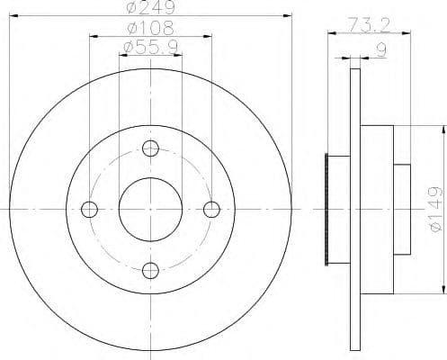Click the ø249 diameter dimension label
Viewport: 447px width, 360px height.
tap(150, 8)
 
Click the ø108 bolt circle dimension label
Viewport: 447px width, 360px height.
tap(151, 29)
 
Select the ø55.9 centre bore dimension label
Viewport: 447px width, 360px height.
tap(150, 46)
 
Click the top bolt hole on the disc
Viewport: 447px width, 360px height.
tap(150, 148)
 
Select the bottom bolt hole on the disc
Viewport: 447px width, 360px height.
tap(150, 269)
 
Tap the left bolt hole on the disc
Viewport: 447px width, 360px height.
tap(89, 209)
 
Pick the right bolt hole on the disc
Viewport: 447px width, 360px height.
tap(212, 209)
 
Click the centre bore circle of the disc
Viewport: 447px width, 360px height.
tap(150, 209)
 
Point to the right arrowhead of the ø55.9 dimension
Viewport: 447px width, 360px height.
tap(179, 54)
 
